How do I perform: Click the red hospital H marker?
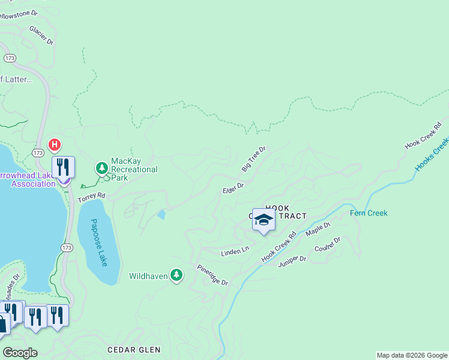click(x=55, y=145)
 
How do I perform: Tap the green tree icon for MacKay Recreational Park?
click(x=102, y=167)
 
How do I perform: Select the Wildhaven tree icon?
click(x=176, y=275)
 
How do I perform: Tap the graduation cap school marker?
click(x=264, y=220)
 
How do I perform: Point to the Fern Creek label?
click(x=369, y=213)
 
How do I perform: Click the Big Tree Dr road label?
click(x=253, y=159)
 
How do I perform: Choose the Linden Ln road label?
click(x=235, y=250)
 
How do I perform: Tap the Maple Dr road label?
click(x=318, y=229)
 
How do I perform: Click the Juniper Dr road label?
click(x=292, y=259)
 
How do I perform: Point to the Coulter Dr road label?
click(x=328, y=244)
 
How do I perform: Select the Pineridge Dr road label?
click(x=212, y=275)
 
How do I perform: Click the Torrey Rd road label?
click(x=91, y=196)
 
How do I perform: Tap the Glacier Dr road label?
click(x=41, y=35)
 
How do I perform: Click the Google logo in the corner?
click(x=20, y=352)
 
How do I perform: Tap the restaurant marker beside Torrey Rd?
click(x=63, y=167)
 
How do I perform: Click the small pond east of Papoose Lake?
click(x=161, y=214)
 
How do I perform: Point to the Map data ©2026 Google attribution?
click(x=412, y=355)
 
